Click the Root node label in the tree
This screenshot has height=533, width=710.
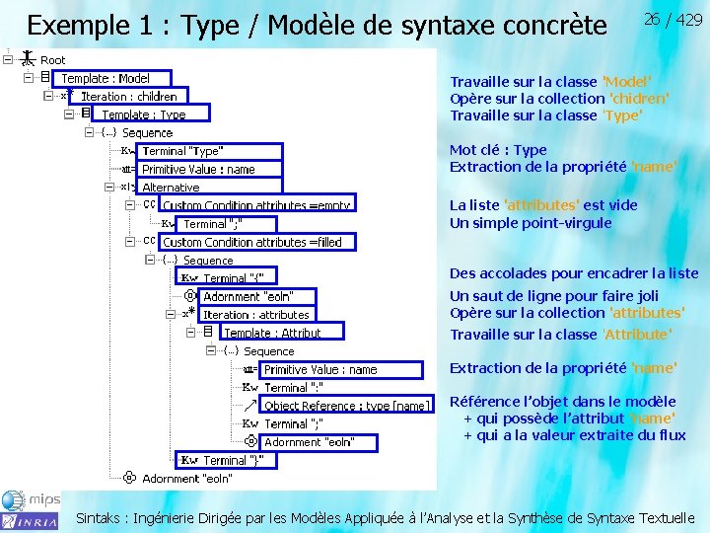click(53, 60)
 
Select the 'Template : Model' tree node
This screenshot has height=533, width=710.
click(106, 78)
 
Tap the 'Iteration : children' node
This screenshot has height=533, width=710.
click(128, 97)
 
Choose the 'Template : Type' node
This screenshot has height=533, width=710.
click(143, 114)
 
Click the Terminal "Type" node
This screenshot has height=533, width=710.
click(182, 151)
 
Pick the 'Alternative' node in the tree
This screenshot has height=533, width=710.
click(171, 188)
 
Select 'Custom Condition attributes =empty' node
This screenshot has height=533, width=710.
click(255, 205)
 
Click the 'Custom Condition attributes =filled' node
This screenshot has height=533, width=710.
click(251, 242)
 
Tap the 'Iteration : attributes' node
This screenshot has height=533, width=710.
click(255, 315)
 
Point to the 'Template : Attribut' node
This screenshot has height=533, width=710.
click(272, 333)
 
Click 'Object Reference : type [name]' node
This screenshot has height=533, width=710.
click(346, 406)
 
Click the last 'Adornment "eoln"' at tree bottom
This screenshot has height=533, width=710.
click(186, 479)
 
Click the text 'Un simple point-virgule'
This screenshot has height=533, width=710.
click(531, 223)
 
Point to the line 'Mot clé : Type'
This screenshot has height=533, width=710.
click(498, 150)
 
